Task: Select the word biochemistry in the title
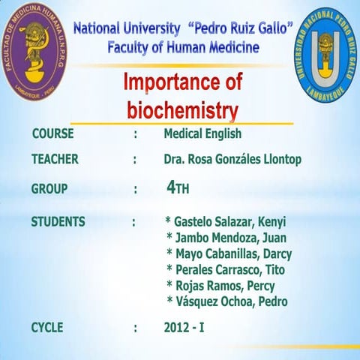182,111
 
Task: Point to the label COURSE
52,134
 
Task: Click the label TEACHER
55,159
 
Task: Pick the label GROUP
49,189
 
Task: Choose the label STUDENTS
58,221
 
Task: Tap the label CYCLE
47,327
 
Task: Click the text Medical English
202,135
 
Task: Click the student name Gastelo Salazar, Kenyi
230,222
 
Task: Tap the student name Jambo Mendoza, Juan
230,238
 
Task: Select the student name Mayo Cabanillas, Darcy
233,253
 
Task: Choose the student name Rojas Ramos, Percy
224,286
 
